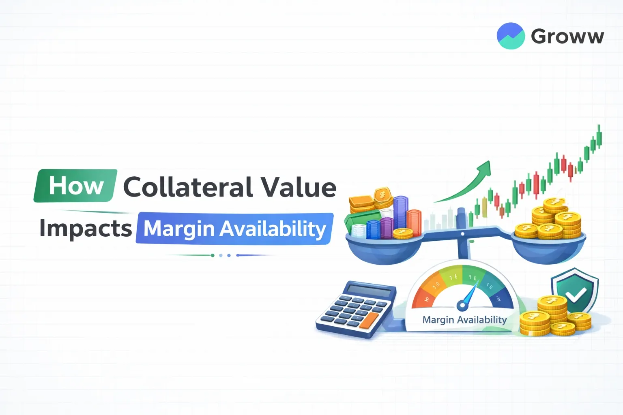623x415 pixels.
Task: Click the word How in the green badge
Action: tap(76, 186)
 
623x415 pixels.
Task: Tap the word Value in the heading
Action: tap(298, 187)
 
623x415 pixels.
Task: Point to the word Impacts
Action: tap(86, 229)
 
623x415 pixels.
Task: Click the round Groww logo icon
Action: tap(511, 36)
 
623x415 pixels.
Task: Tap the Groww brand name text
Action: tap(567, 36)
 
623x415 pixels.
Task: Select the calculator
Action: tap(356, 309)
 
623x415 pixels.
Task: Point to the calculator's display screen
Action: tap(369, 291)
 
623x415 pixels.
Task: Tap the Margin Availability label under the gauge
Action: tap(464, 320)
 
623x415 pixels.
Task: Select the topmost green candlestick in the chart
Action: tap(599, 135)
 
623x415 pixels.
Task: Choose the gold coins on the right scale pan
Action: tap(550, 221)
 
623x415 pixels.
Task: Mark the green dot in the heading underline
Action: tap(213, 255)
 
